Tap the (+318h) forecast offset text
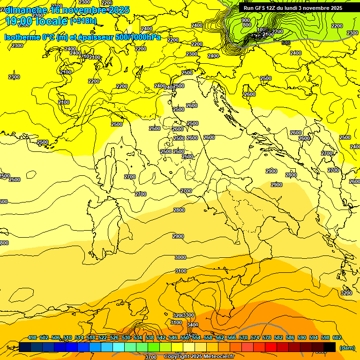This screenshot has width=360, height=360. (83, 21)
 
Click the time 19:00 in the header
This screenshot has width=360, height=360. (20, 21)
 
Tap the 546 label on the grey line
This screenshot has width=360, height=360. (286, 43)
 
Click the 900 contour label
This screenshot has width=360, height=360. (246, 21)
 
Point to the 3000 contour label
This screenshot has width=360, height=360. (180, 257)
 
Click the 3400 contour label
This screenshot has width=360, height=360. (192, 325)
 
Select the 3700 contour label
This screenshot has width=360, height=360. (151, 357)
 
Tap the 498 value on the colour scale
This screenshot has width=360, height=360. (32, 337)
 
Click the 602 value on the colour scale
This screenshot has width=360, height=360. (337, 337)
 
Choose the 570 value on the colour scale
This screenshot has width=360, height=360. (243, 337)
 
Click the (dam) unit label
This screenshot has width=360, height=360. (347, 347)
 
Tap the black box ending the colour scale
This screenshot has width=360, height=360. (330, 347)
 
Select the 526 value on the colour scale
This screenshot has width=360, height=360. (114, 337)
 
